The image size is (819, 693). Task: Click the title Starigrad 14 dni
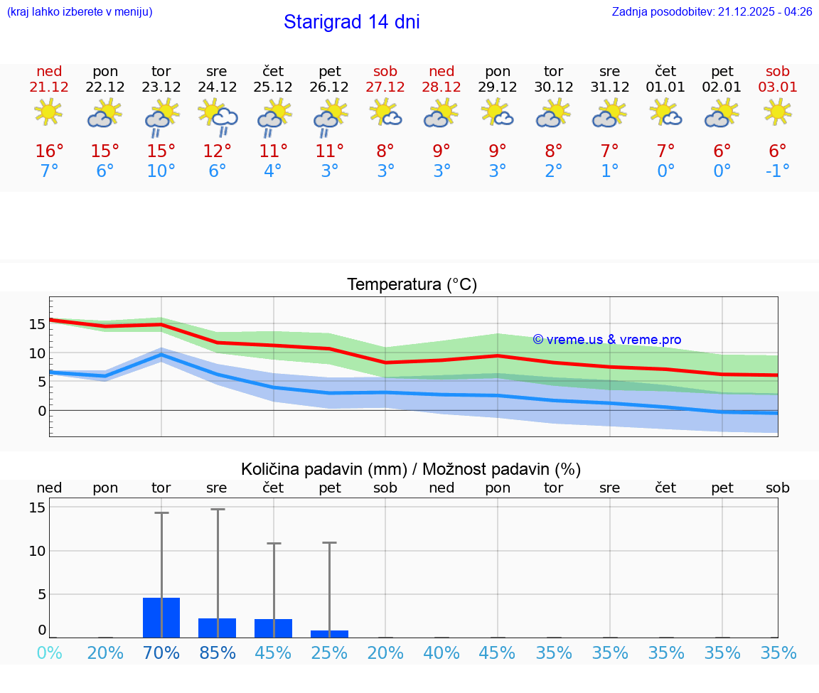pyautogui.click(x=351, y=22)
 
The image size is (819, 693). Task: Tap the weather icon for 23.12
pyautogui.click(x=161, y=118)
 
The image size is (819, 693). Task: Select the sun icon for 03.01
pyautogui.click(x=778, y=112)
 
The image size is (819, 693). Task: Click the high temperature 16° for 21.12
pyautogui.click(x=49, y=151)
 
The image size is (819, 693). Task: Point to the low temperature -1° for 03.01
pyautogui.click(x=778, y=171)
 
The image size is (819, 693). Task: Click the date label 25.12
pyautogui.click(x=273, y=87)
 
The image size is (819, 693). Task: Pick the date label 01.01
pyautogui.click(x=665, y=87)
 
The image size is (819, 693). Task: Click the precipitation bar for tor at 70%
pyautogui.click(x=161, y=618)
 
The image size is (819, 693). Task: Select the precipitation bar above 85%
pyautogui.click(x=217, y=628)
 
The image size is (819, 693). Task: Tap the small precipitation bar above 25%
pyautogui.click(x=329, y=634)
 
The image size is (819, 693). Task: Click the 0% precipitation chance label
pyautogui.click(x=49, y=653)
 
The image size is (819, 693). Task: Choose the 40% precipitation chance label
pyautogui.click(x=441, y=653)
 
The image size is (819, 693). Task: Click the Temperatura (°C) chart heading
pyautogui.click(x=412, y=285)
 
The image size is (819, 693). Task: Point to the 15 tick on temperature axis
pyautogui.click(x=37, y=324)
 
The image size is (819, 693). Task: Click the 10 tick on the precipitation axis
pyautogui.click(x=37, y=551)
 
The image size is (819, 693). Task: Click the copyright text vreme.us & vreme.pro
pyautogui.click(x=607, y=340)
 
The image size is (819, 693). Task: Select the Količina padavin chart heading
pyautogui.click(x=411, y=469)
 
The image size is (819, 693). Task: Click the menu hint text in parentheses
pyautogui.click(x=80, y=12)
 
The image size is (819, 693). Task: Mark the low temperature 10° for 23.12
pyautogui.click(x=161, y=171)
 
